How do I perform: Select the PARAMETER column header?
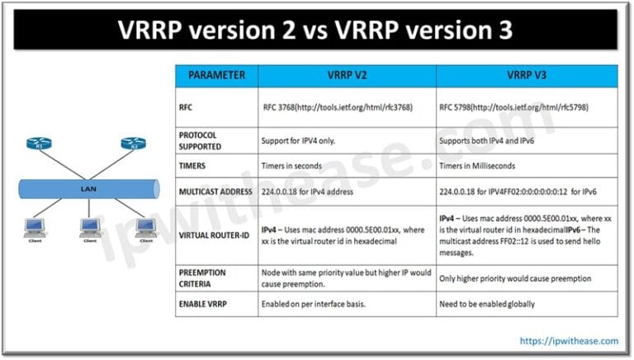(x=216, y=75)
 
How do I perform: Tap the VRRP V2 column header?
(x=346, y=75)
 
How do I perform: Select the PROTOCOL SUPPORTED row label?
(x=209, y=140)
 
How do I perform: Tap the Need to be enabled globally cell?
(x=487, y=304)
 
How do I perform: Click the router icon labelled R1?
(x=39, y=144)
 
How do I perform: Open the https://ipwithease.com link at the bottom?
(x=569, y=340)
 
